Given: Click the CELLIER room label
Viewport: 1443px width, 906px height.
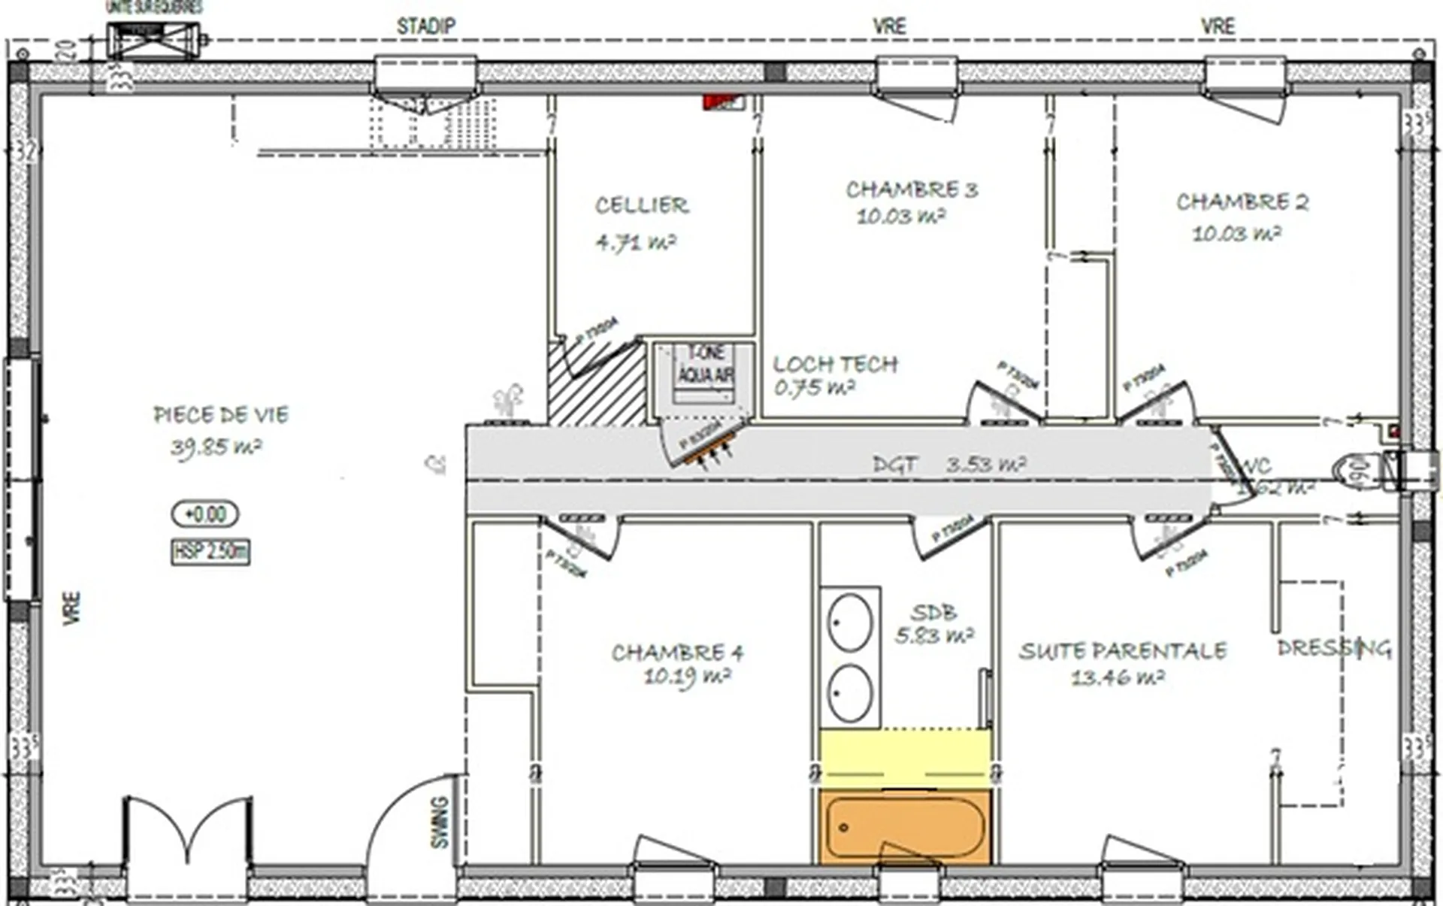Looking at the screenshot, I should [641, 205].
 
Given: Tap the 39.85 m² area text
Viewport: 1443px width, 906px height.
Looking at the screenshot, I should [216, 448].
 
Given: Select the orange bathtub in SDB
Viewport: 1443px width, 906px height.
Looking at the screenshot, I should [904, 827].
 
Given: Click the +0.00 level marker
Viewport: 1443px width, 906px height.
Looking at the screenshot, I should [205, 514].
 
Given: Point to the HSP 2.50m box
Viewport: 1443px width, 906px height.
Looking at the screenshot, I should [210, 552].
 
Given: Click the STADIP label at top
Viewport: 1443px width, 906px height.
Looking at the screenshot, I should [425, 26].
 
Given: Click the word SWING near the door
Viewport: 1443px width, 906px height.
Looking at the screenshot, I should [440, 822].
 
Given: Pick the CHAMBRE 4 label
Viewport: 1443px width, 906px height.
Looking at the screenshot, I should [677, 653].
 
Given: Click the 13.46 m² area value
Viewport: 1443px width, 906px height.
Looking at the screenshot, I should [1118, 678].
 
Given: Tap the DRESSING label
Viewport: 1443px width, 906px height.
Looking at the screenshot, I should [1333, 648].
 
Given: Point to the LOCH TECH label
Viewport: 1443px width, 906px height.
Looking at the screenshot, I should [835, 365].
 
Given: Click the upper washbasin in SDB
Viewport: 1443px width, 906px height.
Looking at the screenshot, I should [850, 623].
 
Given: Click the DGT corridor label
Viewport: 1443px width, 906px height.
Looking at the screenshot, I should [894, 465].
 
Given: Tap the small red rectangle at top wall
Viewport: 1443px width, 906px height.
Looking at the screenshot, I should [723, 102].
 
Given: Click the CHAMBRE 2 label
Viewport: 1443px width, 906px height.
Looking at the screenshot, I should [1242, 202].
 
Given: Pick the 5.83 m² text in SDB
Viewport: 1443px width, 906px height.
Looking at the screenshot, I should [934, 636].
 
